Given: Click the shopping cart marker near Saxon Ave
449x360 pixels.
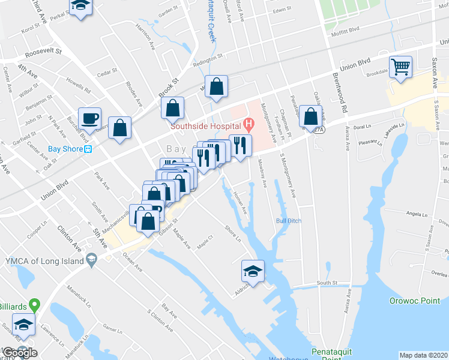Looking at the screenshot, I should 400,67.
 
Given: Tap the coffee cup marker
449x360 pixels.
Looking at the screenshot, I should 90,118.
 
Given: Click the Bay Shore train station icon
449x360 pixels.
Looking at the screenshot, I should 88,149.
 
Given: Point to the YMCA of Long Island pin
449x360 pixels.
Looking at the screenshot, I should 91,260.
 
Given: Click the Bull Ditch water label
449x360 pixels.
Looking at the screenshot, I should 288,221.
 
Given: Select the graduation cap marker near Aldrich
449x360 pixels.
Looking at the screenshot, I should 253,271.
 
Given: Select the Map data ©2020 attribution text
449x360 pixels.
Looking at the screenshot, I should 424,355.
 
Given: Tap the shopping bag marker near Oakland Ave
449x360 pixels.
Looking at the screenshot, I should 310,116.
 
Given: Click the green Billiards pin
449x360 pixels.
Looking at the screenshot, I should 35,305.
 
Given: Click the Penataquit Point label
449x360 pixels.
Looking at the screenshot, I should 331,351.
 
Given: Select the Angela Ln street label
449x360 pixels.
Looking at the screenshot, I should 416,214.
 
